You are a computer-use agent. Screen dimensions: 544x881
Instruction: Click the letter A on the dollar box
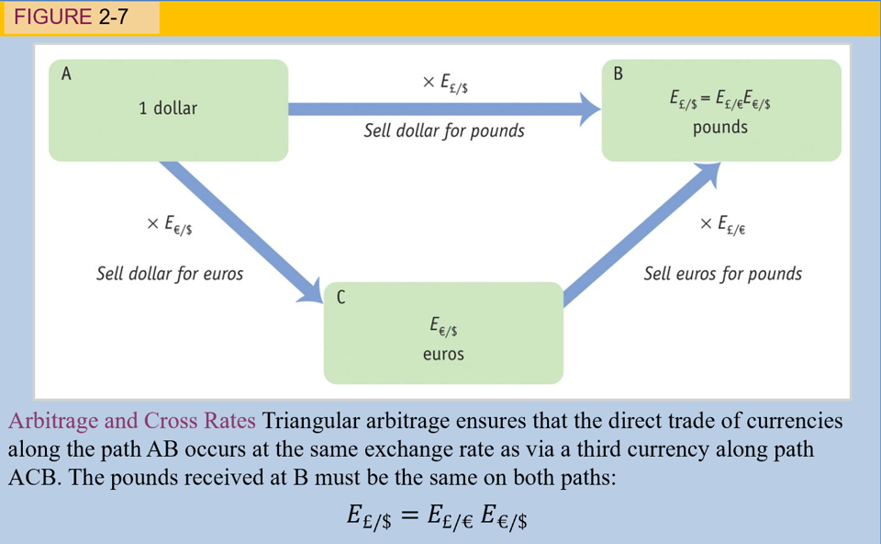[x=66, y=75]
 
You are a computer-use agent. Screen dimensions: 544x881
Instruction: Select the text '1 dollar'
[x=168, y=108]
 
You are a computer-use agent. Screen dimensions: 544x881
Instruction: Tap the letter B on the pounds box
[x=618, y=74]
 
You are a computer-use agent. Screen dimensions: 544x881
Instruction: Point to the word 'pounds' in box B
[x=720, y=128]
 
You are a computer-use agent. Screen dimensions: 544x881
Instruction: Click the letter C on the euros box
[x=341, y=297]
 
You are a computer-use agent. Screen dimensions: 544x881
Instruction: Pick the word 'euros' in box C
[x=443, y=354]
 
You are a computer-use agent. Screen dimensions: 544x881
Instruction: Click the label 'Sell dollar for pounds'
[x=444, y=130]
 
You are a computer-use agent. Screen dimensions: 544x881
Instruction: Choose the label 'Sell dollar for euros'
[x=170, y=274]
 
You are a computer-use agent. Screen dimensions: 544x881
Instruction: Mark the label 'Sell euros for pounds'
[x=722, y=274]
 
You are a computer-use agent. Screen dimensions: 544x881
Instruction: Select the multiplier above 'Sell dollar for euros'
[x=169, y=225]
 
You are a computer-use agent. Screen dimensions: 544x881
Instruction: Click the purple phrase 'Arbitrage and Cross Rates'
[x=131, y=422]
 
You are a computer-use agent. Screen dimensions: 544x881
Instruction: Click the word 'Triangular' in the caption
[x=309, y=422]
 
